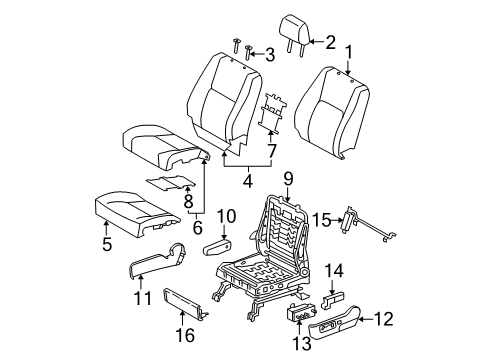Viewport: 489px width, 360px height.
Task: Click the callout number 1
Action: pyautogui.click(x=349, y=52)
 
